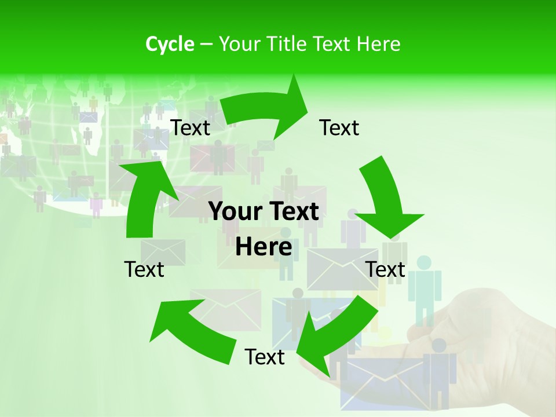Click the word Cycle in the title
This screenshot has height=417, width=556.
pyautogui.click(x=170, y=44)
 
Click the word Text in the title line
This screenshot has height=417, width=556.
pyautogui.click(x=332, y=44)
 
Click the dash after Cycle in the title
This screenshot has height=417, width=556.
pyautogui.click(x=206, y=44)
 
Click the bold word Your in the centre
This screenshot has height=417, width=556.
pyautogui.click(x=235, y=212)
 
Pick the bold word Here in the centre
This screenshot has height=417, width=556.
pyautogui.click(x=264, y=247)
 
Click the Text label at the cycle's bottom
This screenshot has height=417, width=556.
pyautogui.click(x=265, y=357)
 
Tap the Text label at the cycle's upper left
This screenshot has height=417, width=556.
pyautogui.click(x=190, y=127)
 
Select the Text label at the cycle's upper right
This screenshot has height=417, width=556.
pyautogui.click(x=339, y=127)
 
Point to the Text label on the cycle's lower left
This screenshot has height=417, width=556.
pyautogui.click(x=144, y=269)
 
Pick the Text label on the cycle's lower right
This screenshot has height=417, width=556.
pyautogui.click(x=386, y=269)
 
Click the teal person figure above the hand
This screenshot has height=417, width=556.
pyautogui.click(x=425, y=287)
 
